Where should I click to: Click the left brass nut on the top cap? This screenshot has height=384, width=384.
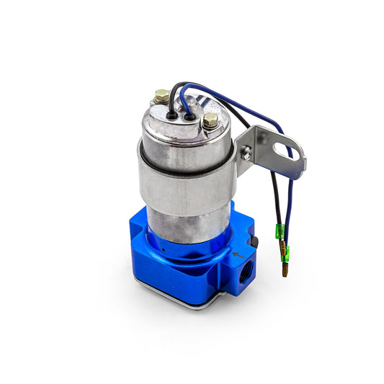tap(162, 96)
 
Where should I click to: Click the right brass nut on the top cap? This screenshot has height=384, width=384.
tap(210, 121)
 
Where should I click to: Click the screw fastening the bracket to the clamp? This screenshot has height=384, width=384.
tap(247, 153)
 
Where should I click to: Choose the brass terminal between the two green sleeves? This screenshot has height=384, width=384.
tap(282, 244)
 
